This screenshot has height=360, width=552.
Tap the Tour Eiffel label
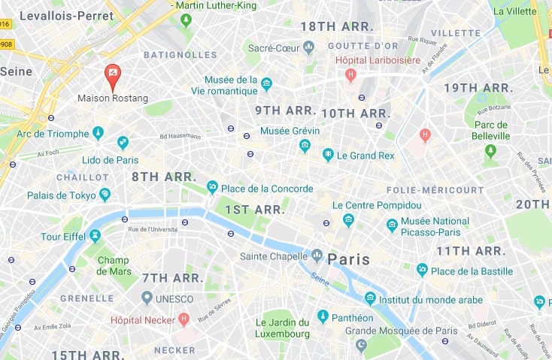61,237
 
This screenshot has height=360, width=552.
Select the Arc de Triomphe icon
98,134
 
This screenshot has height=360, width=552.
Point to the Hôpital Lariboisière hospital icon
350,74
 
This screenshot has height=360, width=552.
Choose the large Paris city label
348,259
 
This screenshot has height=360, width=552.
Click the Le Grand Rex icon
328,156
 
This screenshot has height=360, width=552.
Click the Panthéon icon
323,317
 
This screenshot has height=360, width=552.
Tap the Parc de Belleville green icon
491,151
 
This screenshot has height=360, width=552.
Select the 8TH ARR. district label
164,177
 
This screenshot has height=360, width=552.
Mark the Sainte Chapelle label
273,256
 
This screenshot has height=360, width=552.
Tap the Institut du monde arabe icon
370,298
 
